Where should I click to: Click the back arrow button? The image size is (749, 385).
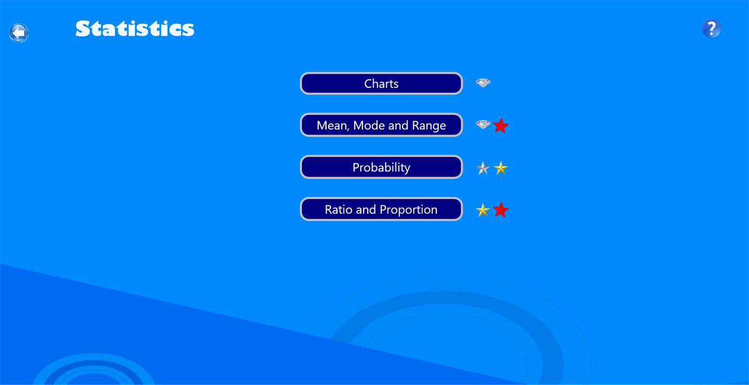coord(19,33)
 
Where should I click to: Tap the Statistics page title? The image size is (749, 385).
coord(134,28)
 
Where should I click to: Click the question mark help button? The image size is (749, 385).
coord(712,28)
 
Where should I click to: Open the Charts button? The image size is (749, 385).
coord(381,84)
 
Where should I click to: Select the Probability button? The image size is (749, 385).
coord(381,167)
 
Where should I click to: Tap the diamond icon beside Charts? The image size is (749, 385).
coord(483,83)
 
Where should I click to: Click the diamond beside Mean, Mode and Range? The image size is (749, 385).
coord(483,125)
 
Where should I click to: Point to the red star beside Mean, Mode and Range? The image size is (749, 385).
coord(501,125)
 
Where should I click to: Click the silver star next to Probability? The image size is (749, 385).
coord(483,168)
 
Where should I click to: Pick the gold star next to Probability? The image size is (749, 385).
coord(501,168)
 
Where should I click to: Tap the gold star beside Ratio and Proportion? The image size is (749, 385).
coord(483,210)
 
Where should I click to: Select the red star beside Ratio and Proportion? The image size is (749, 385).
coord(501,210)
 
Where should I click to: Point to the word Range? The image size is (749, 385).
coord(429,125)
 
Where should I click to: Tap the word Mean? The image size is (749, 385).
coord(330,125)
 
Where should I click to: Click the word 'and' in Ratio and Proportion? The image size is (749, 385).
coord(366,210)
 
